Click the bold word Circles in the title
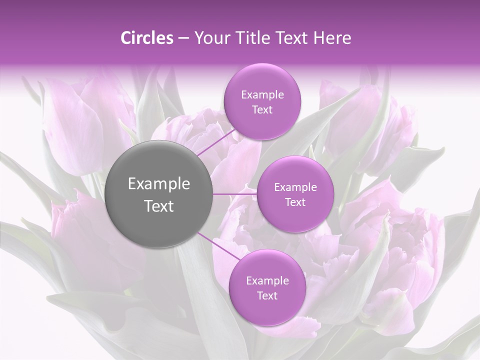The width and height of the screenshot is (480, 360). pyautogui.click(x=147, y=38)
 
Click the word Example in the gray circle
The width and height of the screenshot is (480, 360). pyautogui.click(x=159, y=184)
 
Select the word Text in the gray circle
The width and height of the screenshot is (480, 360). pyautogui.click(x=159, y=206)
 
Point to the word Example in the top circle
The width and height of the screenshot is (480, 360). pyautogui.click(x=262, y=95)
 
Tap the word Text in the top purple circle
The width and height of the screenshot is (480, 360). pyautogui.click(x=262, y=110)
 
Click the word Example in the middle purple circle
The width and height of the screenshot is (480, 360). pyautogui.click(x=295, y=187)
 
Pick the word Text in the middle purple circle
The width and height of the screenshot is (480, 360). pyautogui.click(x=295, y=202)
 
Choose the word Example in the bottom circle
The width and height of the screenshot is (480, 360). pyautogui.click(x=267, y=281)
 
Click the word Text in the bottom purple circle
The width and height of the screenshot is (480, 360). pyautogui.click(x=267, y=296)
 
